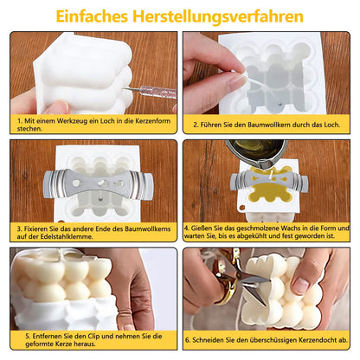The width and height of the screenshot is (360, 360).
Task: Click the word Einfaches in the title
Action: click(92, 16)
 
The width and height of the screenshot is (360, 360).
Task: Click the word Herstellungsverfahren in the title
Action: click(218, 16)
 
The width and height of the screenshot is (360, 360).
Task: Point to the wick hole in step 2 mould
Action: click(280, 103)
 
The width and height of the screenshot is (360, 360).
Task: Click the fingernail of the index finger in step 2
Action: click(237, 81)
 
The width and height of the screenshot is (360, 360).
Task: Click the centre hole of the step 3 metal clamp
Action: click(103, 183)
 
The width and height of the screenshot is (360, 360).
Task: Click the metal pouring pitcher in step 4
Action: click(257, 153)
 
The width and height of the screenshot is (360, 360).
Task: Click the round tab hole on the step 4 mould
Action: click(241, 207)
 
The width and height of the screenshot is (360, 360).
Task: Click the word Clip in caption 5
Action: click(94, 337)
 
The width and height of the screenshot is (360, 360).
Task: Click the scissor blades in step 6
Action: click(254, 284)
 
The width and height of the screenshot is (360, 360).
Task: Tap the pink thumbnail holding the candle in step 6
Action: click(301, 284)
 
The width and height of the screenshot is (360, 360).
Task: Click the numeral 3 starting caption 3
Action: click(19, 229)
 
